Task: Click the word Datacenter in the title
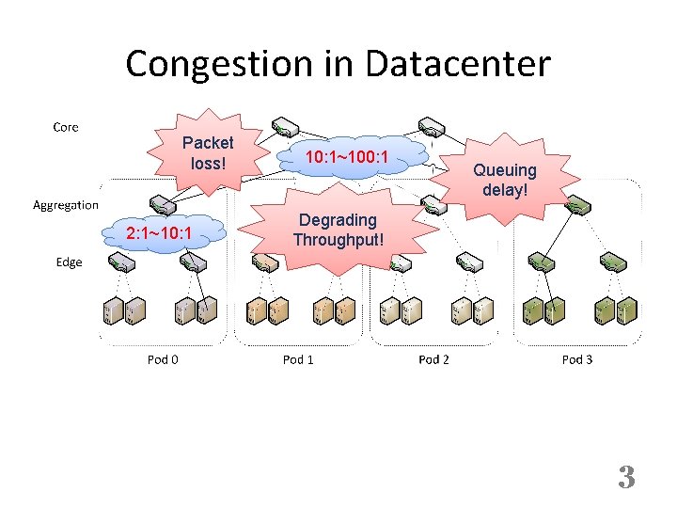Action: (458, 65)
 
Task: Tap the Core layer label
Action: (66, 127)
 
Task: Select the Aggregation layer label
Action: (66, 204)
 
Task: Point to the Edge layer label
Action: (69, 262)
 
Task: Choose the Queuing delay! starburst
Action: (505, 180)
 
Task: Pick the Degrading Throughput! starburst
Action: (338, 230)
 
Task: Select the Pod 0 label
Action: (163, 359)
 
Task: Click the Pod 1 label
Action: (298, 359)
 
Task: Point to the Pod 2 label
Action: (433, 359)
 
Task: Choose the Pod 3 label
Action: (576, 359)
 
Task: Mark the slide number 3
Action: (626, 478)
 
